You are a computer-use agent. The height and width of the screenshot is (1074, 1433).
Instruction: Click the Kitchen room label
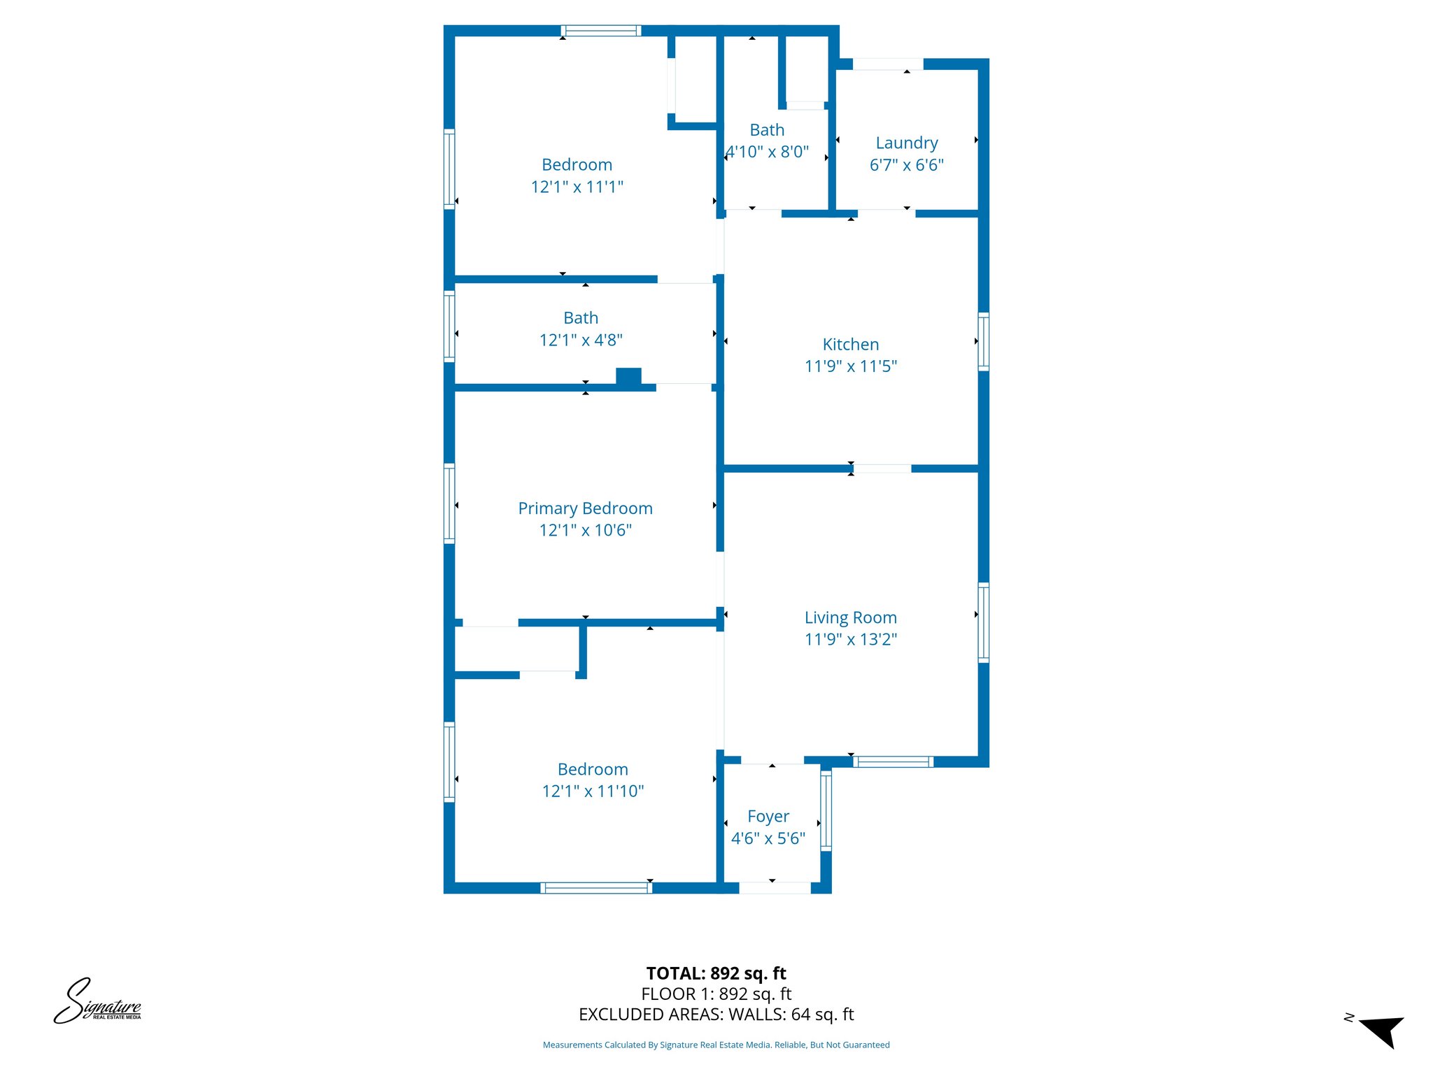850,344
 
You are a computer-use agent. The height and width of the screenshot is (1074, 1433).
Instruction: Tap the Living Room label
850,617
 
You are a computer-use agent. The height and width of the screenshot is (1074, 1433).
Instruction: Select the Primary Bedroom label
585,508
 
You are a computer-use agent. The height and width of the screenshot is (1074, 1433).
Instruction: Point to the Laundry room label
907,143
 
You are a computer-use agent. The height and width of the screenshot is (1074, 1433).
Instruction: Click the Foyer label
768,817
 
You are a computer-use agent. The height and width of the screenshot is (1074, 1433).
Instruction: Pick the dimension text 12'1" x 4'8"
581,340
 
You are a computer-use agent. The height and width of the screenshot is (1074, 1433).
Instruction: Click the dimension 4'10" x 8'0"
768,152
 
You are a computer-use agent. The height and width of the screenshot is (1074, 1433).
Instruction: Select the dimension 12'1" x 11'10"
593,791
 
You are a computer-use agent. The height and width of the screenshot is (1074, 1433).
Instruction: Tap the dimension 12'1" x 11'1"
577,187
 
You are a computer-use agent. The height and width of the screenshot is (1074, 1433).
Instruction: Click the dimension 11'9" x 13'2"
851,639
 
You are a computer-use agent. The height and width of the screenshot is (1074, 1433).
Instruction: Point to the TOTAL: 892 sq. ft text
716,973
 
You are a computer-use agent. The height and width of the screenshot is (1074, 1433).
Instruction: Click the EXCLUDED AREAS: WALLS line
716,1015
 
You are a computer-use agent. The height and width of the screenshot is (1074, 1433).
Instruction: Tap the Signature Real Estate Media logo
98,1001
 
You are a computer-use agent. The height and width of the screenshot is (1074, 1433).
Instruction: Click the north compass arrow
1381,1031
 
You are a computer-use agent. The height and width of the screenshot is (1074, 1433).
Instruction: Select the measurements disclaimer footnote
716,1045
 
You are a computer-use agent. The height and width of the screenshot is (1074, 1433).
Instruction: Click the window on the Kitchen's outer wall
983,341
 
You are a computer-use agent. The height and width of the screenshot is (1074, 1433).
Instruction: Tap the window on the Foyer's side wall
826,810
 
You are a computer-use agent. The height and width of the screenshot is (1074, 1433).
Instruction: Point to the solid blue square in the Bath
628,376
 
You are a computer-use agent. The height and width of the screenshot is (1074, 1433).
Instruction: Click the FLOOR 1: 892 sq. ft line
716,994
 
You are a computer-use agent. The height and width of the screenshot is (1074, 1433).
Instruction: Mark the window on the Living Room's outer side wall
983,622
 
